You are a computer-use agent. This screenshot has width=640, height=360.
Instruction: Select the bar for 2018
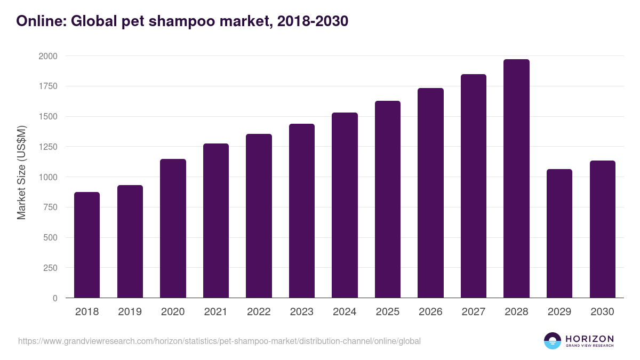pyautogui.click(x=87, y=245)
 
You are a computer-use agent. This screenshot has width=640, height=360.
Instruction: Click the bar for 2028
pyautogui.click(x=516, y=179)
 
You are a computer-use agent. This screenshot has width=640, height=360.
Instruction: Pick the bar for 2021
pyautogui.click(x=216, y=221)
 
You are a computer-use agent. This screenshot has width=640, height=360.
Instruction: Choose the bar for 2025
pyautogui.click(x=388, y=199)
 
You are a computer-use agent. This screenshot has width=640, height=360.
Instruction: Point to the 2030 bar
pyautogui.click(x=602, y=229)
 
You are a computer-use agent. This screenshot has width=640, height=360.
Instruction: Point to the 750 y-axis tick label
pyautogui.click(x=50, y=207)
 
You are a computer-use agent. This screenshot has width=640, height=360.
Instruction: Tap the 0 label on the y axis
pyautogui.click(x=55, y=298)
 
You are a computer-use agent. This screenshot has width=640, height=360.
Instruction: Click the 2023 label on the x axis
pyautogui.click(x=302, y=312)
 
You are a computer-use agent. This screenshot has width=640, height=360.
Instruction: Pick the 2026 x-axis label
pyautogui.click(x=430, y=312)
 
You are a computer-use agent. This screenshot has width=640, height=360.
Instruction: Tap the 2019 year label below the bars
pyautogui.click(x=130, y=312)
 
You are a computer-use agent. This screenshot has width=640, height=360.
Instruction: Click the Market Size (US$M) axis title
pyautogui.click(x=22, y=172)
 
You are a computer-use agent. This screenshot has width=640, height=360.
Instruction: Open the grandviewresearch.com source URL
pyautogui.click(x=219, y=341)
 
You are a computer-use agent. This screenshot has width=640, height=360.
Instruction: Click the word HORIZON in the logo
pyautogui.click(x=589, y=338)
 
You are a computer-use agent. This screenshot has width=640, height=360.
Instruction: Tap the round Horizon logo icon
pyautogui.click(x=552, y=341)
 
